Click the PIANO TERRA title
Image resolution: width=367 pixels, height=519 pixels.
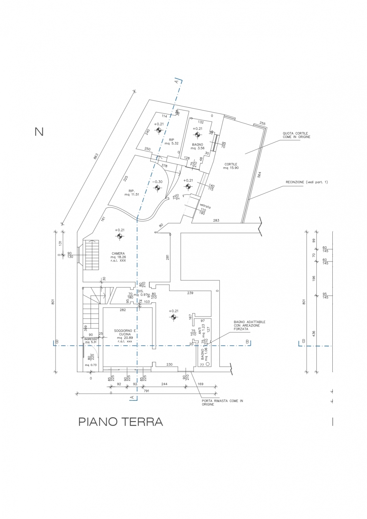[x=120, y=422]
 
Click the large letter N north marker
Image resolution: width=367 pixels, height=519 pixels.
[x=39, y=132]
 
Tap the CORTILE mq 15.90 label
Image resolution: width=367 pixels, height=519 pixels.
[x=231, y=166]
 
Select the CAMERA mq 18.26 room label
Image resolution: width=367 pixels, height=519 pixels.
[x=118, y=257]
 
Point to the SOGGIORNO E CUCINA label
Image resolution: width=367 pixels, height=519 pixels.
[x=125, y=334]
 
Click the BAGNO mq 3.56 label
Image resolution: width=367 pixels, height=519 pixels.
[x=197, y=146]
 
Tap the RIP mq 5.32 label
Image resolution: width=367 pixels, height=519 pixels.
[x=171, y=142]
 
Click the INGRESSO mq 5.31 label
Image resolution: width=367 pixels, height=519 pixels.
[x=91, y=340]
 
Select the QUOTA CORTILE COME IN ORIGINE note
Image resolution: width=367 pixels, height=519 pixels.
[x=296, y=135]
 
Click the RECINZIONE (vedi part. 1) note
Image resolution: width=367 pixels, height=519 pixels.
[x=306, y=182]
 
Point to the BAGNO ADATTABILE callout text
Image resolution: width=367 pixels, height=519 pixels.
[x=249, y=325]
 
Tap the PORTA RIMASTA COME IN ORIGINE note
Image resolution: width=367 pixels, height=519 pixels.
[x=222, y=402]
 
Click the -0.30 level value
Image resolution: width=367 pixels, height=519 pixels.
[x=158, y=182]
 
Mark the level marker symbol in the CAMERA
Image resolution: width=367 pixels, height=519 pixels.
[x=120, y=236]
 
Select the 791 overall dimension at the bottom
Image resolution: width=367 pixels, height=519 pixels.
[x=146, y=391]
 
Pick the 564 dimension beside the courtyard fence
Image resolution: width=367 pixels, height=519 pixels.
[x=259, y=175]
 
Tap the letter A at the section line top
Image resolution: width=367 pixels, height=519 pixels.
[x=177, y=81]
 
